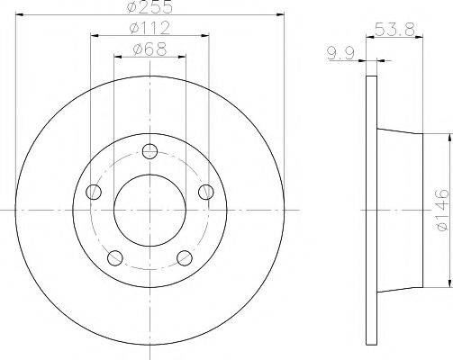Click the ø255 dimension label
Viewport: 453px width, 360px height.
click(149, 6)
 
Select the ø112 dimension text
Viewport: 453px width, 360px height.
click(149, 29)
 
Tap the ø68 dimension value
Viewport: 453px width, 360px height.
click(149, 49)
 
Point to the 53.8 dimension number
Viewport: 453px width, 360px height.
click(394, 30)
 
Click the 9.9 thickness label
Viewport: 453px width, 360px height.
click(340, 53)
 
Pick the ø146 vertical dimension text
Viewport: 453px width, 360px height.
click(442, 210)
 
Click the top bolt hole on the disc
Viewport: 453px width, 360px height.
click(149, 151)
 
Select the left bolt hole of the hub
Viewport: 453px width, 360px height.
click(94, 192)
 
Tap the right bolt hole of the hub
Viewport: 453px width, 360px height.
click(206, 192)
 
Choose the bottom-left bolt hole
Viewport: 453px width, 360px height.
click(115, 258)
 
